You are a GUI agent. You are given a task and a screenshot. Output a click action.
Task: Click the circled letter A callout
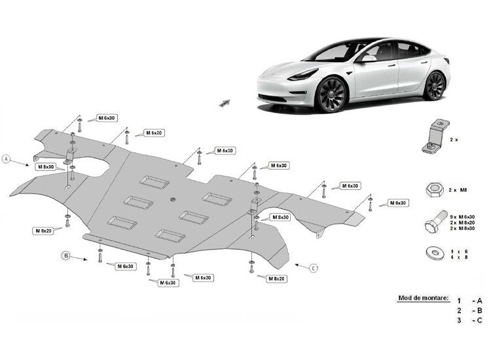click(7, 159)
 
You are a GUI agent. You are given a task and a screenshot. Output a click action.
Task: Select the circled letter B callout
click(65, 256)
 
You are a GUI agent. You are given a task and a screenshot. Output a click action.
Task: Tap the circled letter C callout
click(314, 268)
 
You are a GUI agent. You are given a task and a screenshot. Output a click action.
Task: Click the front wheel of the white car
click(331, 94)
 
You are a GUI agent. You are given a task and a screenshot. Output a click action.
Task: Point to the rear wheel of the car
click(434, 86)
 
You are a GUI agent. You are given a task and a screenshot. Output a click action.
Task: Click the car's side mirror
click(368, 59)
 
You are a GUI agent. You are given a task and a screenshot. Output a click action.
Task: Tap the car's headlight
click(303, 75)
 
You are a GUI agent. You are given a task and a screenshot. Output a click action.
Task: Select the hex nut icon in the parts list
click(434, 189)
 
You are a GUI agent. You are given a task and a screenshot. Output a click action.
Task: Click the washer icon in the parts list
click(435, 253)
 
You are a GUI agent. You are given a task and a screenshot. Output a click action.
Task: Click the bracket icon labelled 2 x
click(435, 137)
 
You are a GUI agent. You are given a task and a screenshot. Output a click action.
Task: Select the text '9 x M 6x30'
click(462, 217)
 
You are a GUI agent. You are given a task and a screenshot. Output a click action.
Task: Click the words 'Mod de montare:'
click(423, 298)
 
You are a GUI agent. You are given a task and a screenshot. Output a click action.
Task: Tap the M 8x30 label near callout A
click(46, 167)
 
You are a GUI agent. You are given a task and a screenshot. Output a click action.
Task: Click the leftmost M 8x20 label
click(43, 230)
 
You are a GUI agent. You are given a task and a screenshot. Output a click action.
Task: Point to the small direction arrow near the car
click(224, 103)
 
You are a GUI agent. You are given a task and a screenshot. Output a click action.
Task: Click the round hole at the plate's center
click(173, 199)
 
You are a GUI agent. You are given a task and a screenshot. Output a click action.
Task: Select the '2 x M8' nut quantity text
click(458, 190)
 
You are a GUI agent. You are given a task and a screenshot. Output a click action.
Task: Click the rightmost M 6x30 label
click(398, 203)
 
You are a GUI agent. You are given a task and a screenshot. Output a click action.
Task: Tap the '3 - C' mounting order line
click(469, 320)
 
